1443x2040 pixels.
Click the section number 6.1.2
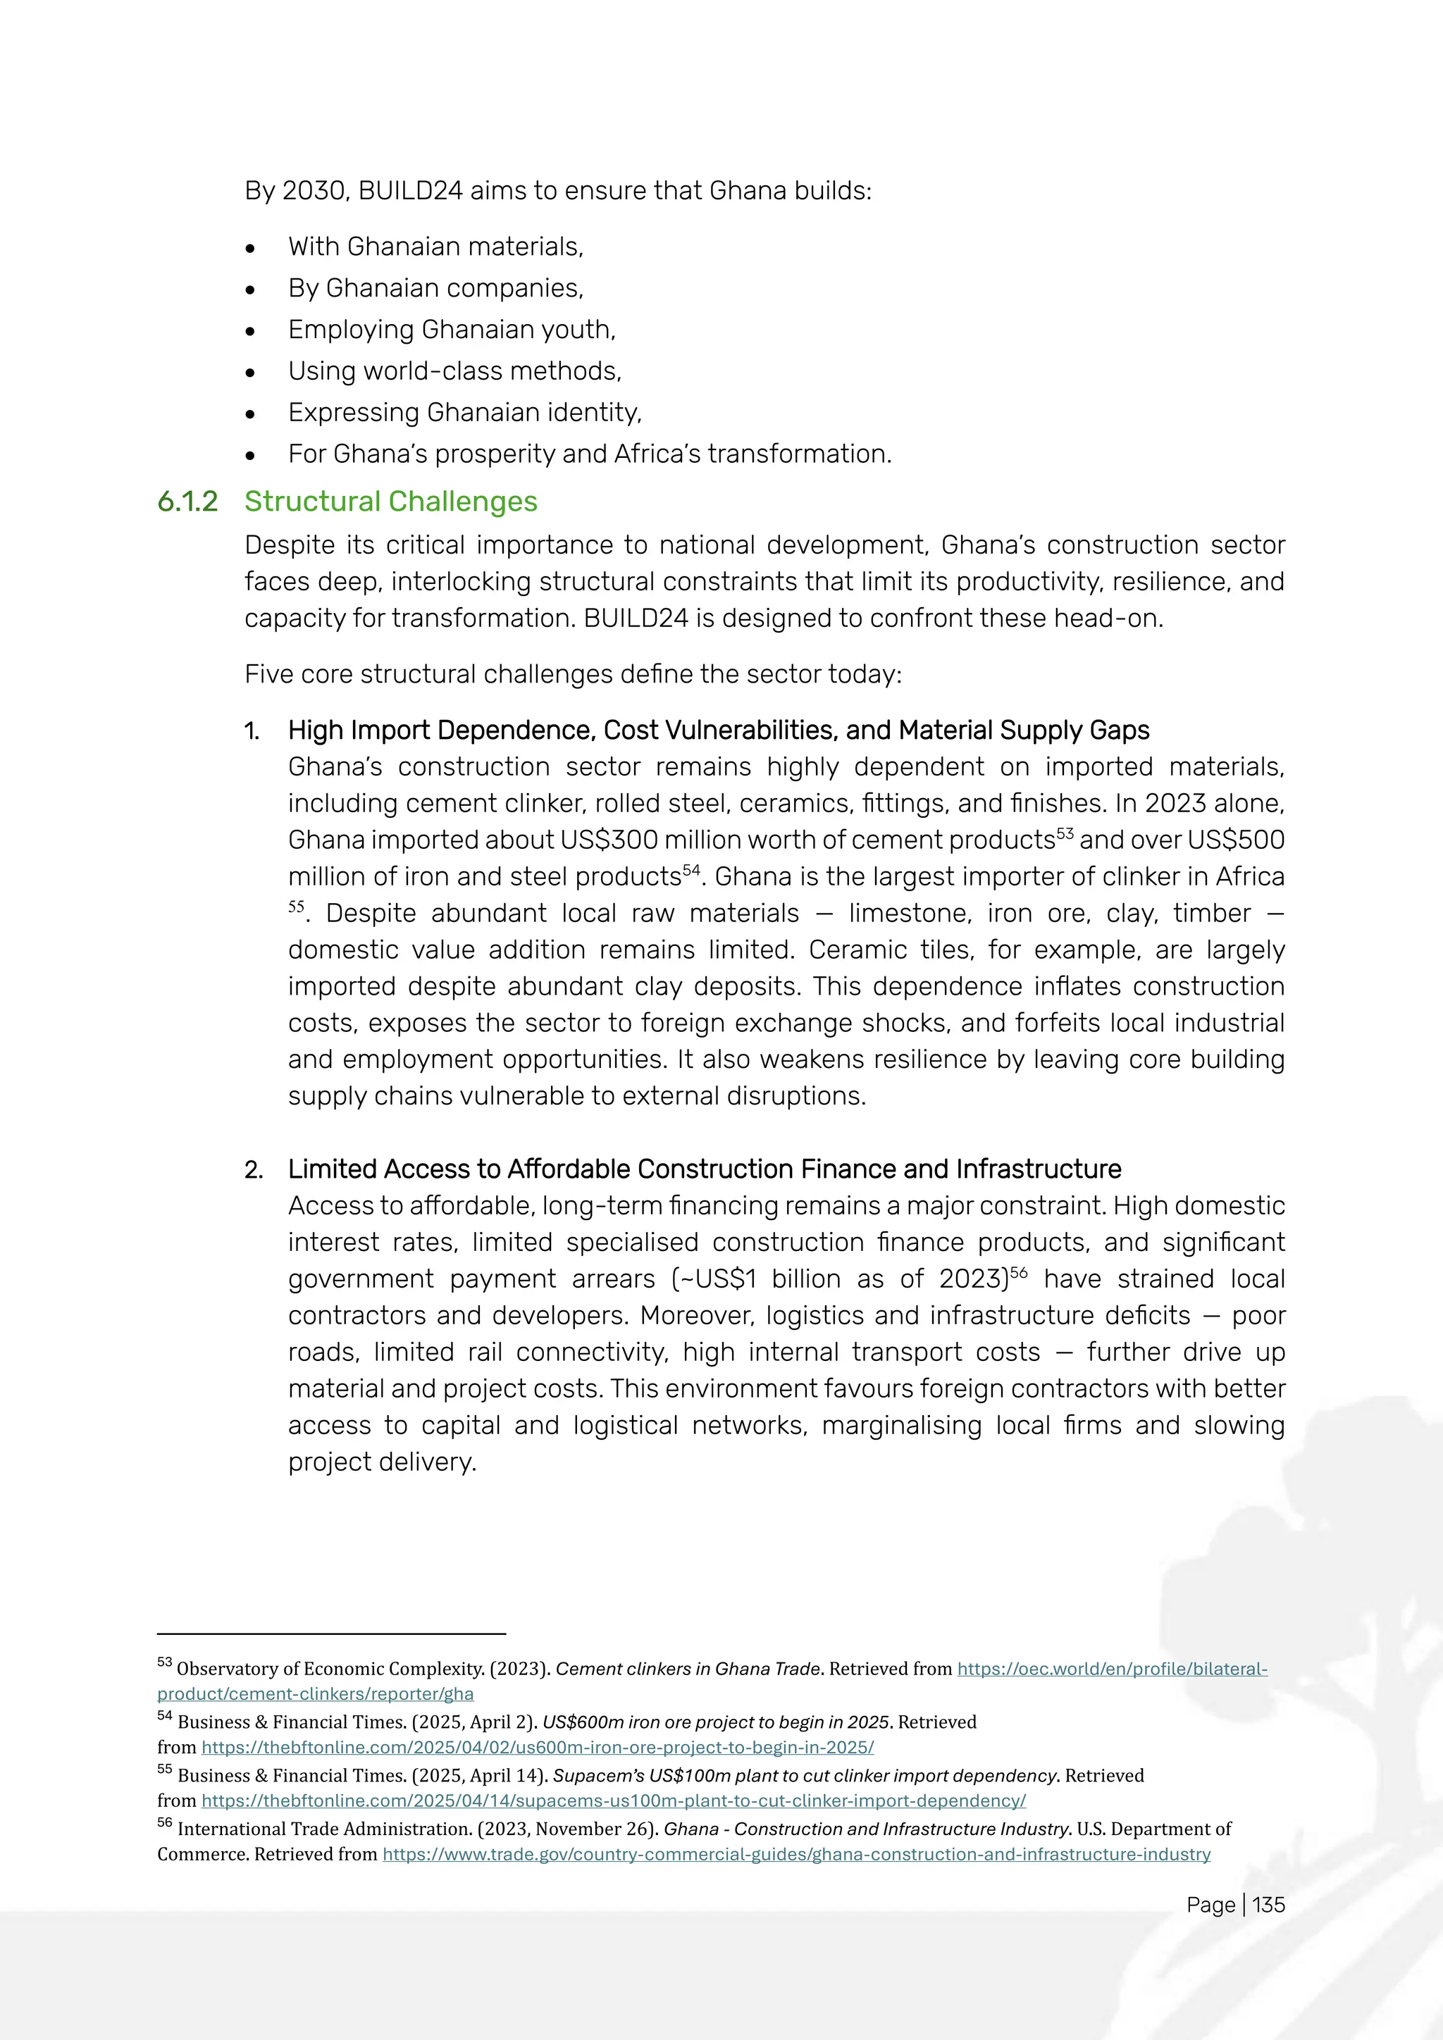pyautogui.click(x=187, y=502)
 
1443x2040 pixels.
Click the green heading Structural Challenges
pyautogui.click(x=391, y=502)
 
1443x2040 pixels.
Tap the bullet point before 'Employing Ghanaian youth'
pyautogui.click(x=251, y=331)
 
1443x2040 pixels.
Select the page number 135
pyautogui.click(x=1269, y=1904)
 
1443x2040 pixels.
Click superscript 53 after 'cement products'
pyautogui.click(x=1065, y=834)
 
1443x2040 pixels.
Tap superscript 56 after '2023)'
pyautogui.click(x=1018, y=1272)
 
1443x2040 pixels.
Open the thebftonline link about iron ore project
pyautogui.click(x=538, y=1748)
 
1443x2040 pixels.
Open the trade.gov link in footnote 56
pyautogui.click(x=796, y=1854)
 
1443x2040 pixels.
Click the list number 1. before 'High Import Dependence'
pyautogui.click(x=252, y=731)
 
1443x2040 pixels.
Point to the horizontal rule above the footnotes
pyautogui.click(x=331, y=1634)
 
